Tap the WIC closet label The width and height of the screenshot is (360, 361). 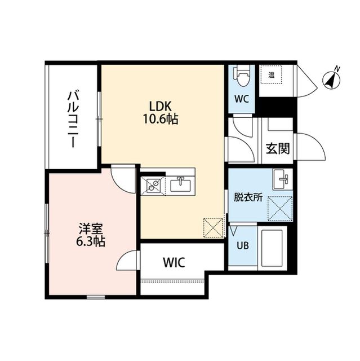point(174,262)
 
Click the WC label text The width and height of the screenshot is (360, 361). point(242,99)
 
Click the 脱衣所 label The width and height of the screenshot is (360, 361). point(248,198)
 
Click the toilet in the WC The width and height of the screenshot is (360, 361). point(242,76)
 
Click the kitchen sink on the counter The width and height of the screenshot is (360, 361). point(181,183)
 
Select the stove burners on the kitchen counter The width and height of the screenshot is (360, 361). point(153,184)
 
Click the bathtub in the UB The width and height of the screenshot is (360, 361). point(273,248)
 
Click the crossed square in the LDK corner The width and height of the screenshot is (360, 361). point(213,228)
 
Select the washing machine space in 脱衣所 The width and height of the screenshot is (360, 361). point(280,206)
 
